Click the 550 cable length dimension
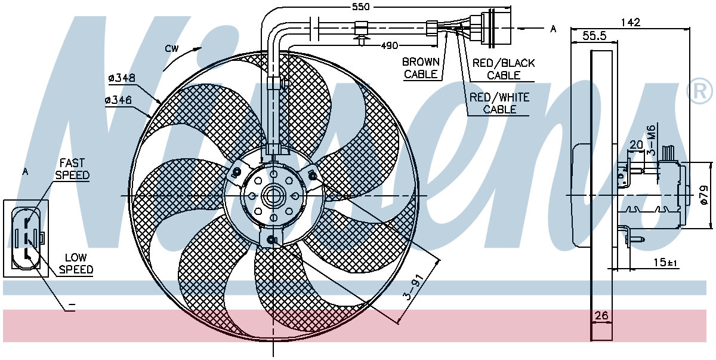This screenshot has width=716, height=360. [x=360, y=7]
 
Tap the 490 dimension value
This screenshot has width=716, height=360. [x=389, y=46]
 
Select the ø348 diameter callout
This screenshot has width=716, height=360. [x=122, y=78]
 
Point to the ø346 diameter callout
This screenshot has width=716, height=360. [x=118, y=100]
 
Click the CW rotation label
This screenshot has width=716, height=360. [x=172, y=48]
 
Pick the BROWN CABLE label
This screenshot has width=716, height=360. [x=421, y=68]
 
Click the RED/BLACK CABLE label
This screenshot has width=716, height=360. [x=504, y=69]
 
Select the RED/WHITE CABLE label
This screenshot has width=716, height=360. [x=499, y=103]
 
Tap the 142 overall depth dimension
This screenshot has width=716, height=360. [x=630, y=22]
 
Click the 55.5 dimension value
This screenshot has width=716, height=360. [x=594, y=35]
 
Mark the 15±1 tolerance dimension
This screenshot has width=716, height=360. [x=665, y=263]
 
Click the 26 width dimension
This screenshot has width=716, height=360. [x=601, y=316]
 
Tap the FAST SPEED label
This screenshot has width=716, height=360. [x=72, y=169]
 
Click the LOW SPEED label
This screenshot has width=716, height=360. [x=76, y=263]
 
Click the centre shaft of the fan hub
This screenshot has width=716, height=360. [x=273, y=196]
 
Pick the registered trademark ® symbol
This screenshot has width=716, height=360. [x=699, y=91]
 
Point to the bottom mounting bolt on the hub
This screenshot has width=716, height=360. [x=271, y=239]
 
